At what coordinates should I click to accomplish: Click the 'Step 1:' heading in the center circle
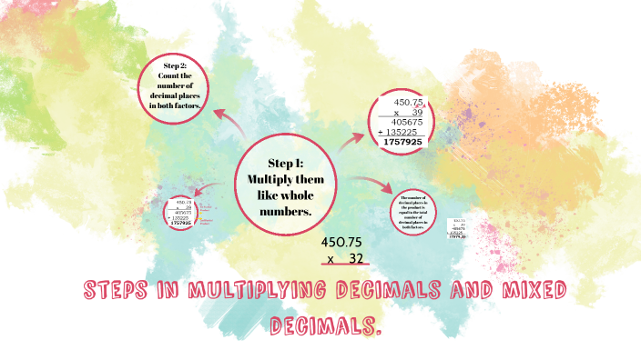(x=286, y=164)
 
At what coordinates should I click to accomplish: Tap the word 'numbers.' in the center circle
(x=286, y=211)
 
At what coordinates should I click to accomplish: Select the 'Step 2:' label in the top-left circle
(x=175, y=66)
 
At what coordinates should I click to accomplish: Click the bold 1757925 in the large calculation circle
(x=404, y=142)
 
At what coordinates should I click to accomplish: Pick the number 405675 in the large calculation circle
(x=404, y=122)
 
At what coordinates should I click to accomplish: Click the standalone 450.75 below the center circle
(x=342, y=243)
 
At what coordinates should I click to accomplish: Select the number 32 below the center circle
(x=356, y=258)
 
